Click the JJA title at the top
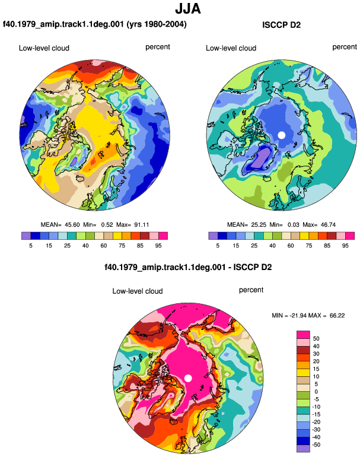click(188, 9)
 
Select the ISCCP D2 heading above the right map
click(281, 25)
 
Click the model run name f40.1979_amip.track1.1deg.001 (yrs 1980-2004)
click(95, 24)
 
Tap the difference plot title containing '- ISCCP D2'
click(188, 267)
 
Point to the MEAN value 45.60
click(72, 225)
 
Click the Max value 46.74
click(328, 225)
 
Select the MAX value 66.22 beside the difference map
click(337, 315)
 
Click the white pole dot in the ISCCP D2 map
click(281, 135)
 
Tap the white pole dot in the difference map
click(188, 378)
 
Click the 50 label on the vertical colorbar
click(316, 338)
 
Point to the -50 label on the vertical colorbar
click(316, 445)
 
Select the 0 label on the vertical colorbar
click(316, 392)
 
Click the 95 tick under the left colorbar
click(158, 246)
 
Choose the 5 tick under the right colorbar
click(218, 246)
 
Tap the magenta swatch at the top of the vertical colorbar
click(303, 335)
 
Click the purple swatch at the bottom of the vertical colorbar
click(303, 449)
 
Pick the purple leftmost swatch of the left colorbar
click(26, 236)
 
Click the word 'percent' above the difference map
click(251, 290)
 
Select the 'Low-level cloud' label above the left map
click(44, 48)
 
